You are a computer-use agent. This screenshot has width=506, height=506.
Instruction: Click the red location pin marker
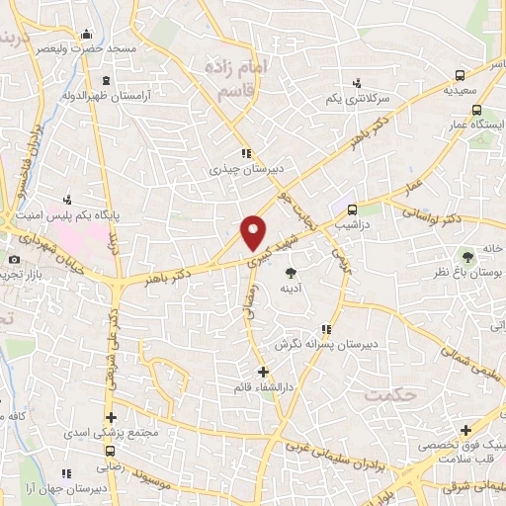tap(254, 231)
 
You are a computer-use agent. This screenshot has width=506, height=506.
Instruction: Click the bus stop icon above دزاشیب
tap(351, 209)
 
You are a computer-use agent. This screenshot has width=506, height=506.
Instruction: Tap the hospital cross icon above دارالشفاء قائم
tap(263, 372)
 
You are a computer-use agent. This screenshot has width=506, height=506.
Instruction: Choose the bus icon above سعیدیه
tap(461, 75)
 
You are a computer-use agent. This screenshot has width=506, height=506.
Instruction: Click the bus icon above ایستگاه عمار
tap(476, 111)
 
